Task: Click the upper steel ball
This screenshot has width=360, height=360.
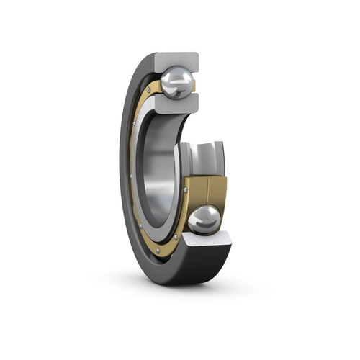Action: point(176,83)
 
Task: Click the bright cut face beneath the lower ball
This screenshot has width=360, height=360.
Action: point(205,240)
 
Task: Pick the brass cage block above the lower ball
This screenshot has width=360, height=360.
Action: point(206,191)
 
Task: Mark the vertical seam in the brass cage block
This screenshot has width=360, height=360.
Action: point(207,192)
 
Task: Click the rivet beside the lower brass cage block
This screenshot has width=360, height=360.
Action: point(186,190)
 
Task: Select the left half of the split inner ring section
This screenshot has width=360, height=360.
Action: point(189,162)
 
